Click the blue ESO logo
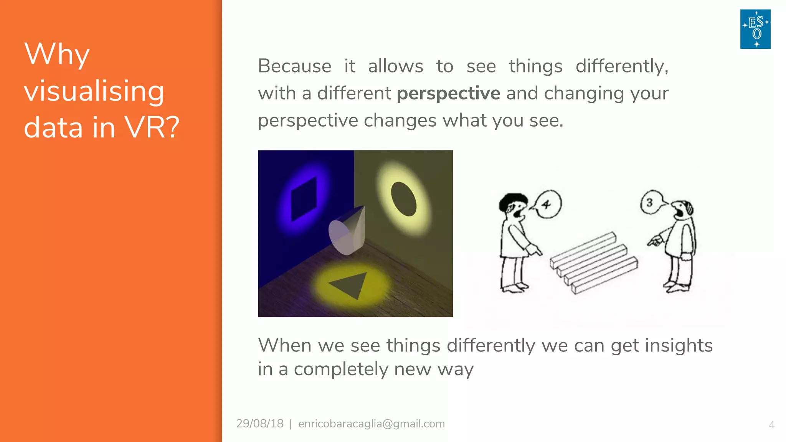coord(755,29)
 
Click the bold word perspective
coord(448,94)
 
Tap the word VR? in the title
coord(152,127)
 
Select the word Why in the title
coord(57,54)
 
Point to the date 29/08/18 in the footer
coord(260,424)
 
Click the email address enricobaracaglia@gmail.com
coord(372,424)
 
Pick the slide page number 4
coord(771,425)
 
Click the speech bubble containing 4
coord(547,204)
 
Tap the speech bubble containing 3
coord(651,202)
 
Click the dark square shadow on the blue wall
coord(304,199)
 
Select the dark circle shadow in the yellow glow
coord(403,199)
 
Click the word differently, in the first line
coord(622,66)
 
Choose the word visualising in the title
coord(94,91)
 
